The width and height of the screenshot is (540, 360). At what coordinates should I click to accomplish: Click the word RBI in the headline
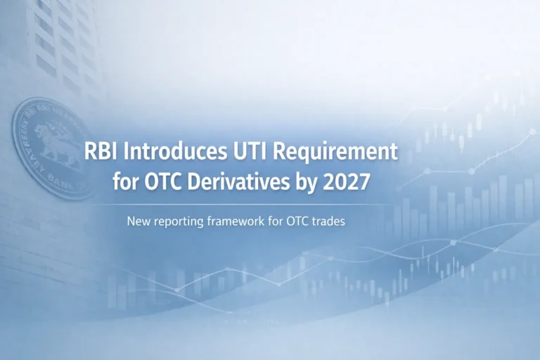100,151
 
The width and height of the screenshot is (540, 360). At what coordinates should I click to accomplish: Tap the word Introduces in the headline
167,151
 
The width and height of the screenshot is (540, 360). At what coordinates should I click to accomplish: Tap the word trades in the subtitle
333,221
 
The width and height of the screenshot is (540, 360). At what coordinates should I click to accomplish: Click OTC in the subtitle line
302,221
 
